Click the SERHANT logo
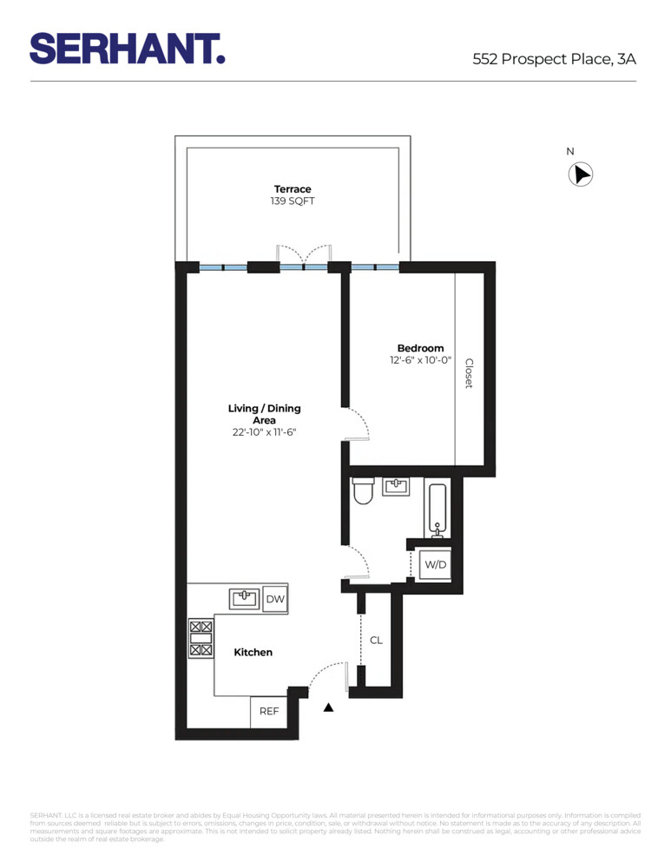(128, 48)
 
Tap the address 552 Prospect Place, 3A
(554, 59)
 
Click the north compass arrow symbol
(580, 174)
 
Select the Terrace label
(293, 189)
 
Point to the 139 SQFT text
(293, 201)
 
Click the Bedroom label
(420, 348)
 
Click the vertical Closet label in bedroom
(469, 373)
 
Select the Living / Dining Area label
(264, 414)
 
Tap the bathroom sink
(397, 486)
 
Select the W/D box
(434, 565)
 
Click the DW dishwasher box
(275, 599)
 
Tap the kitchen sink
(246, 598)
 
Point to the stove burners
(201, 638)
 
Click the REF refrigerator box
(269, 712)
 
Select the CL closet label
(376, 641)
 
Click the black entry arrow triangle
(328, 708)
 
